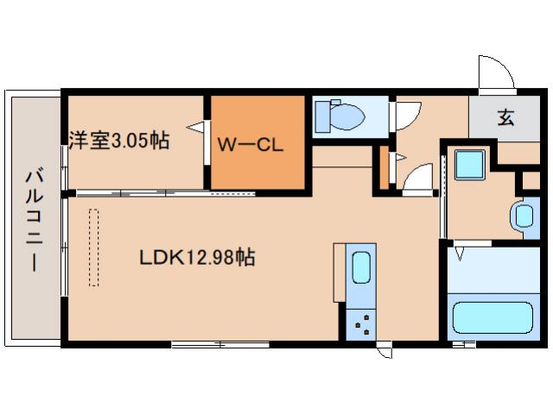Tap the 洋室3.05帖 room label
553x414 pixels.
118,140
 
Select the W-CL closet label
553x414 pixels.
251,145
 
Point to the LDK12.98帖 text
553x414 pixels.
197,257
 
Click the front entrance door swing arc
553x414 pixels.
497,73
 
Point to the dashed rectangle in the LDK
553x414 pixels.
93,246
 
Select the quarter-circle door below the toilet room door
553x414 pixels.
419,179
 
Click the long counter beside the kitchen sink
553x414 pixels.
338,273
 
